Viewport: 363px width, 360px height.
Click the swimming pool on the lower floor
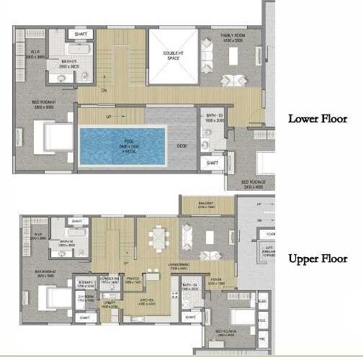[x=122, y=146]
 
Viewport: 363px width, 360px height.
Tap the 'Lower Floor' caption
[x=318, y=119]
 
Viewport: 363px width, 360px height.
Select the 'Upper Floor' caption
[x=318, y=258]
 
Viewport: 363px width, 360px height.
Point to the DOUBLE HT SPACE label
[x=172, y=55]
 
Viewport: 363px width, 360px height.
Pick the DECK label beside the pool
[x=181, y=146]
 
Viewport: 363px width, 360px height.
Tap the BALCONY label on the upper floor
[x=205, y=204]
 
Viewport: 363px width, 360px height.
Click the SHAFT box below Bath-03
[x=213, y=163]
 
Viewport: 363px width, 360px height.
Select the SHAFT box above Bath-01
[x=79, y=33]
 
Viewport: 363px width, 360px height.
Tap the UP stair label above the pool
[x=109, y=117]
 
